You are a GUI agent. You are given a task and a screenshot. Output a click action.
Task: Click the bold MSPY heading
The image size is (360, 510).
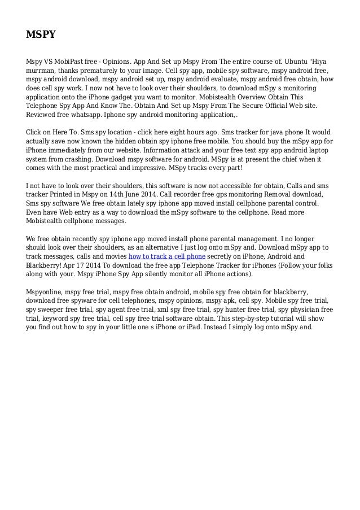click(x=41, y=35)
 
